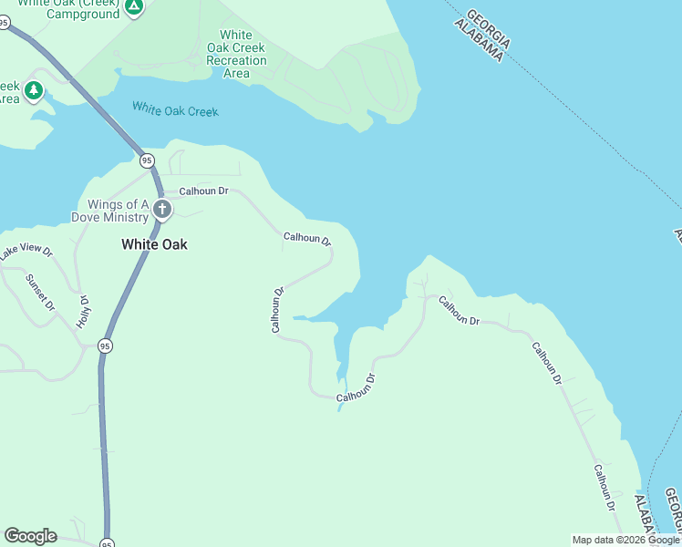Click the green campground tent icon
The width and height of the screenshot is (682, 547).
coord(134,8)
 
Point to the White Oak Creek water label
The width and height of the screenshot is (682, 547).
coord(175,109)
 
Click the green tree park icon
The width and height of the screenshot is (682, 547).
coord(34,90)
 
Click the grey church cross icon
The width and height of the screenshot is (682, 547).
coord(162,211)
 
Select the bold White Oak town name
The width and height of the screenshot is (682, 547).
coord(154,244)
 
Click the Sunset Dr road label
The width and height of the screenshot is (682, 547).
coord(41,291)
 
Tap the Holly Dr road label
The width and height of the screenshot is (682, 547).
coord(84,311)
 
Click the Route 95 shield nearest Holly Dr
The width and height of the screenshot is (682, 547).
coord(106,346)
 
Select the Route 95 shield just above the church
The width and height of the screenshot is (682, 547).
coord(147,160)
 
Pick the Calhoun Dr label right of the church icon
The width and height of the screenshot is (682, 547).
coord(203,191)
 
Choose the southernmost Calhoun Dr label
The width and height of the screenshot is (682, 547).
coord(605,488)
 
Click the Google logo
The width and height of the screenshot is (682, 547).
coord(30,536)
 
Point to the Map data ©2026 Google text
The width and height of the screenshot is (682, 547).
coord(625,540)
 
